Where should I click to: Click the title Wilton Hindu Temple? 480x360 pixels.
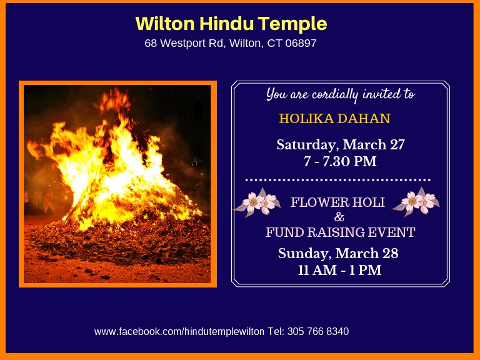click(x=231, y=24)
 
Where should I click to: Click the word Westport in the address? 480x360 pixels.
click(x=182, y=44)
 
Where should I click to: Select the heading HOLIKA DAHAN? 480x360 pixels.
click(x=334, y=118)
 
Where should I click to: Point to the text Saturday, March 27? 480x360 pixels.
click(x=341, y=145)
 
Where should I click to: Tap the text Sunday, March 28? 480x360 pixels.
click(x=338, y=254)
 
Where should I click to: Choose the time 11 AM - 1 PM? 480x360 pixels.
click(x=339, y=271)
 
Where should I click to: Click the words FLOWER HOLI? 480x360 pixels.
click(x=338, y=202)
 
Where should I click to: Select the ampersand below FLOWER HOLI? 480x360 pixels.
click(x=339, y=217)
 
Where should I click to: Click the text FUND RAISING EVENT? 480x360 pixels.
click(x=340, y=232)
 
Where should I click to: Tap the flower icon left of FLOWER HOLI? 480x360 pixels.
click(x=257, y=203)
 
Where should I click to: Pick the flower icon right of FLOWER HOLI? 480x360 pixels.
click(x=419, y=202)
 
